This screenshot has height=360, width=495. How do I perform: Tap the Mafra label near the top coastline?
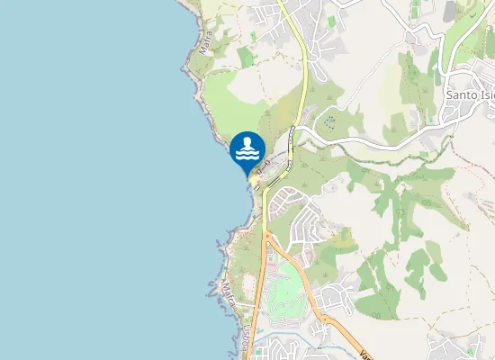click(x=206, y=44)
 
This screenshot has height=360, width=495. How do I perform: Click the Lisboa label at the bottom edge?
click(x=243, y=340)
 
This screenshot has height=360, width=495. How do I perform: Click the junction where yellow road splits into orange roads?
click(x=266, y=236)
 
